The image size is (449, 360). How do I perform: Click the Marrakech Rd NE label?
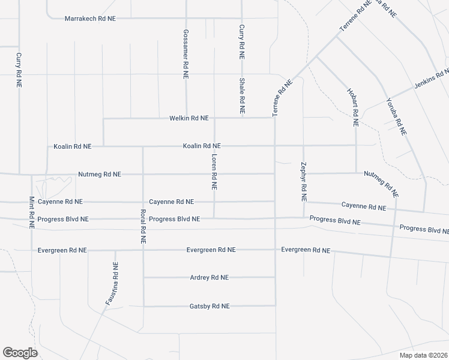(x=90, y=19)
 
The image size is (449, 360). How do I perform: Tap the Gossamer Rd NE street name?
(x=186, y=54)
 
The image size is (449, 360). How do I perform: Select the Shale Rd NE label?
(x=242, y=96)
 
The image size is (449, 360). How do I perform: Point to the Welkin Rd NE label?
(x=189, y=119)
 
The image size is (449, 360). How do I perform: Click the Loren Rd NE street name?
(x=214, y=171)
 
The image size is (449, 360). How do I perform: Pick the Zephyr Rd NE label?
(x=304, y=181)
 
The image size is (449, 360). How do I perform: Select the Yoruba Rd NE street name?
(x=397, y=116)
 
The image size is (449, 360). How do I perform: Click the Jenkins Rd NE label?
(x=431, y=79)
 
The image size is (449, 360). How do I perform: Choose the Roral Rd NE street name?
(x=143, y=225)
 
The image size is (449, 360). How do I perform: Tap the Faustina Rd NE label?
(x=112, y=284)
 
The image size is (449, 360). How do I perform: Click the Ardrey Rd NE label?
(x=209, y=278)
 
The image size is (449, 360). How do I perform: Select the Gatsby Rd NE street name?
(x=209, y=306)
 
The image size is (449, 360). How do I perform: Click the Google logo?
(x=20, y=353)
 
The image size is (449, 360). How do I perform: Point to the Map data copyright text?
(x=423, y=355)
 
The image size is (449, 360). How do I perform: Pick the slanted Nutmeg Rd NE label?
(x=381, y=184)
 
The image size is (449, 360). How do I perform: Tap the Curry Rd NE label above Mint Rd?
(x=19, y=71)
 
